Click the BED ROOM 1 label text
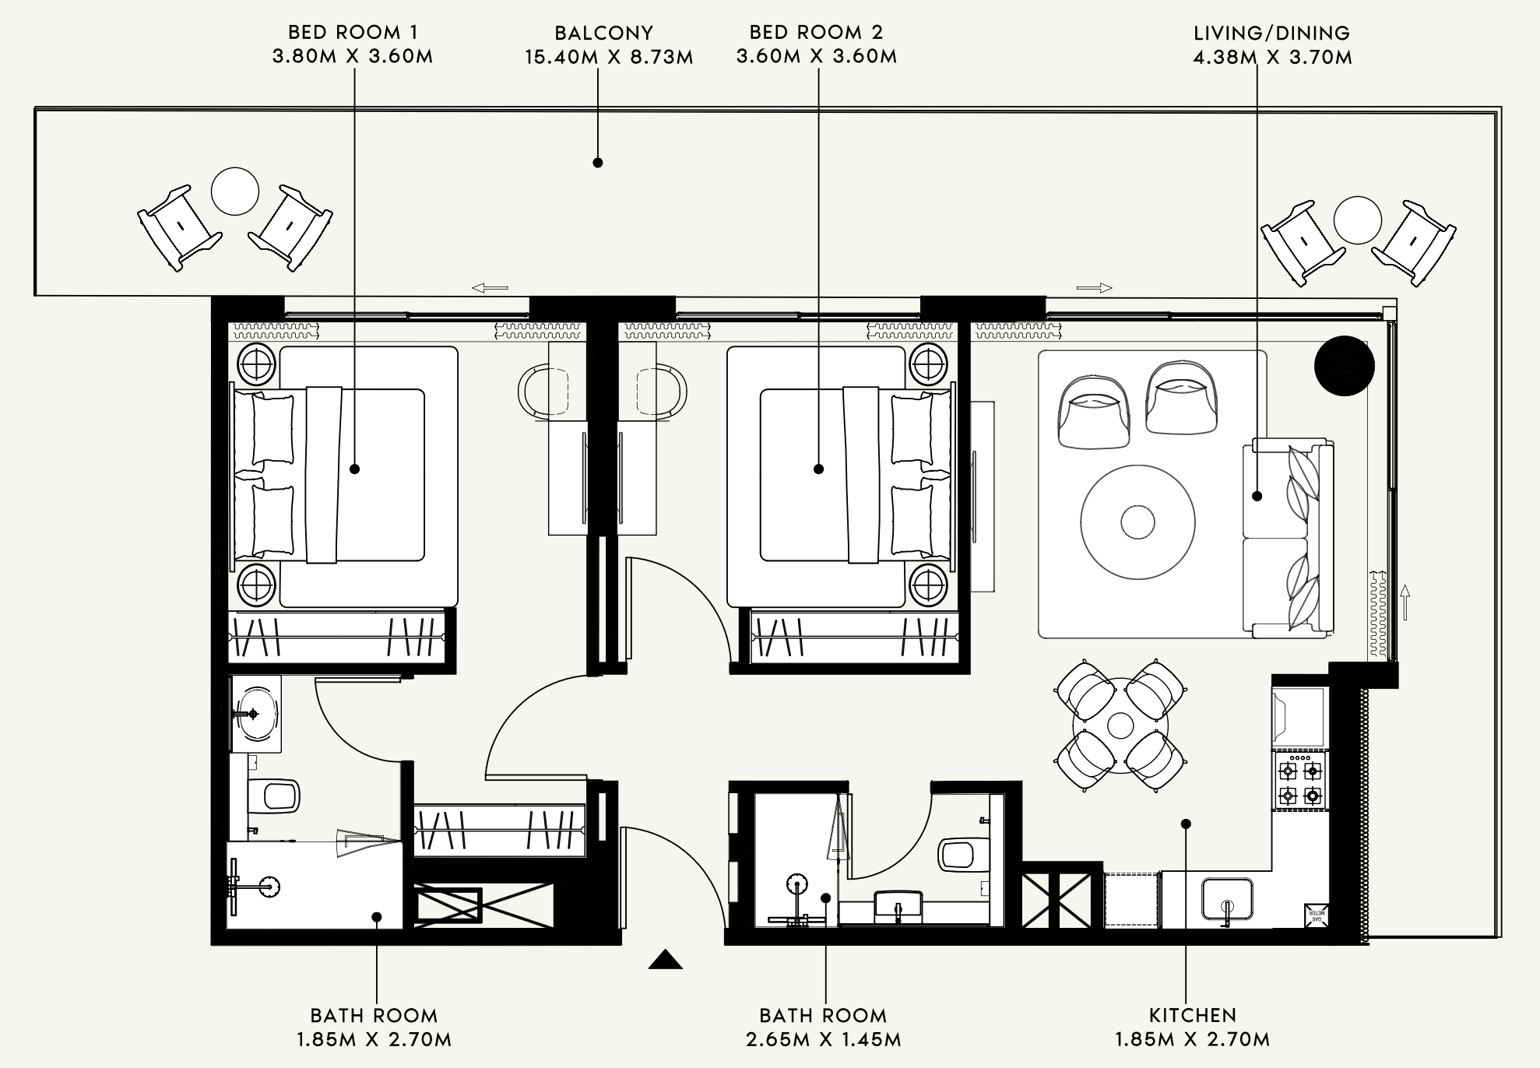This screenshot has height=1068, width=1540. pyautogui.click(x=353, y=32)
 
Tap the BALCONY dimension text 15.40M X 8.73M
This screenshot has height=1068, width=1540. pyautogui.click(x=609, y=57)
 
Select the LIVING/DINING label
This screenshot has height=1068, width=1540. pyautogui.click(x=1272, y=33)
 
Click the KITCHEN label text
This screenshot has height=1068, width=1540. pyautogui.click(x=1193, y=1015)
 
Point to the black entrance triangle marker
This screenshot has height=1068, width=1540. pyautogui.click(x=666, y=960)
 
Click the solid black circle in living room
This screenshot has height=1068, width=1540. pyautogui.click(x=1345, y=367)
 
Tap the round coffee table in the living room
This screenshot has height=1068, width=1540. pyautogui.click(x=1137, y=522)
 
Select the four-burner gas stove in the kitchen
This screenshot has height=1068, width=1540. pyautogui.click(x=1300, y=780)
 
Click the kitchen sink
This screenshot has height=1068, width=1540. pyautogui.click(x=1228, y=900)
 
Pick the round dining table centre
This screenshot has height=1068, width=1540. pyautogui.click(x=1120, y=725)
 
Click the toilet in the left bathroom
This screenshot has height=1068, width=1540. pyautogui.click(x=273, y=795)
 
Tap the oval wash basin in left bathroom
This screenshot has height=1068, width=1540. pyautogui.click(x=256, y=713)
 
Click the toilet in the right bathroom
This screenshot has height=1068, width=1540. pyautogui.click(x=962, y=854)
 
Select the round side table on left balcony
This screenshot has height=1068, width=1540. pyautogui.click(x=235, y=191)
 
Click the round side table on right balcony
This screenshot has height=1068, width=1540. pyautogui.click(x=1358, y=220)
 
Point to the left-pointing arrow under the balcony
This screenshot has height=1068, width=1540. pyautogui.click(x=490, y=288)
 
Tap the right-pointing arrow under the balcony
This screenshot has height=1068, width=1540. pyautogui.click(x=1095, y=288)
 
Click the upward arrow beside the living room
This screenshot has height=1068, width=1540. pyautogui.click(x=1405, y=602)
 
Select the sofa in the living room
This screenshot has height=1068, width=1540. pyautogui.click(x=1287, y=536)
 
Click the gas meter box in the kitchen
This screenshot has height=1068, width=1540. pyautogui.click(x=1316, y=915)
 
